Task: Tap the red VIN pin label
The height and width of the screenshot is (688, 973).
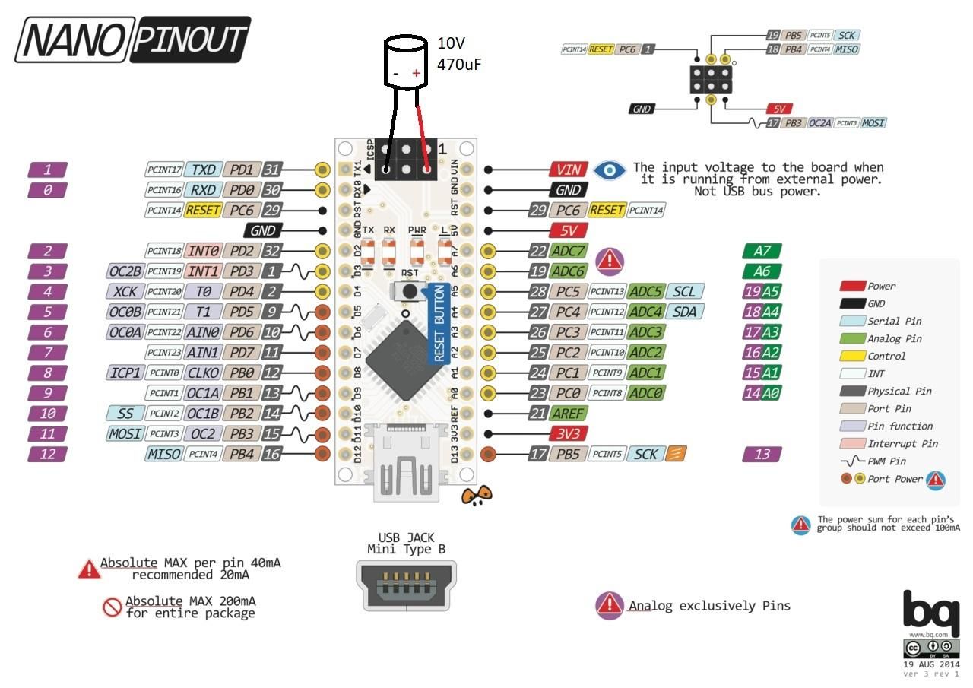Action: click(x=568, y=170)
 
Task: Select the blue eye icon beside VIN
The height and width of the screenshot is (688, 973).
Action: click(x=609, y=170)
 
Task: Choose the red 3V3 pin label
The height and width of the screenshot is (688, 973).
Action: click(x=568, y=433)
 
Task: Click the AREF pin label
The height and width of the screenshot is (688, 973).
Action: click(x=568, y=413)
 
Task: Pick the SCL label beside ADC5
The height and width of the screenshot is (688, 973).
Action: click(x=683, y=291)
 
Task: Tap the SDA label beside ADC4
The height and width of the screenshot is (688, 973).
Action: click(x=683, y=312)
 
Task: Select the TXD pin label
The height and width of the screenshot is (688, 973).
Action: click(x=204, y=170)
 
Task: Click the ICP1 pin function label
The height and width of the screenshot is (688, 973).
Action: click(x=124, y=373)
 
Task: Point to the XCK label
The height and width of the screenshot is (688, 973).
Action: click(x=124, y=291)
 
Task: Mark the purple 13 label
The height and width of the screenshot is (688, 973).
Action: click(x=761, y=454)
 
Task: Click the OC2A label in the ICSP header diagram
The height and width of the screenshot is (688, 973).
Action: click(x=819, y=122)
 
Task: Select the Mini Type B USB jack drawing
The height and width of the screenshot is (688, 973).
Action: click(x=406, y=585)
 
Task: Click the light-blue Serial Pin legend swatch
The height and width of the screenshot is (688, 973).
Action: click(x=853, y=321)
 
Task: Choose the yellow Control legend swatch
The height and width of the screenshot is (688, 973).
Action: click(x=853, y=356)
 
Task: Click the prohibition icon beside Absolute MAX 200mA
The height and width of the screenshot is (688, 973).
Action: click(x=113, y=606)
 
